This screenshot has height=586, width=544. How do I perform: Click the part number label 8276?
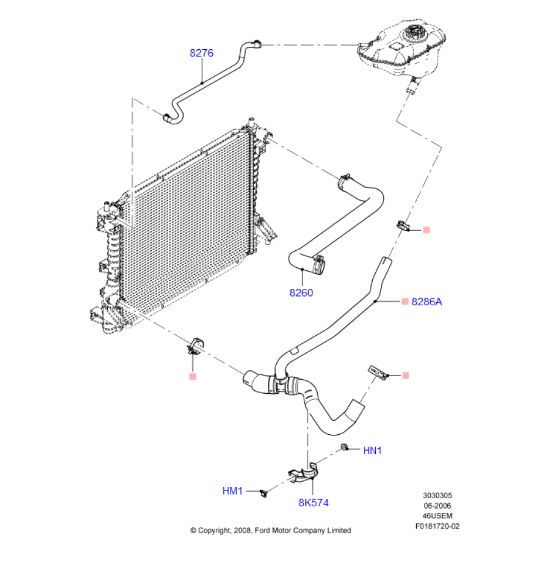201,53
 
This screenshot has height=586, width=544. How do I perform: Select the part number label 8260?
301,292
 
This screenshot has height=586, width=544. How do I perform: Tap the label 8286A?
427,302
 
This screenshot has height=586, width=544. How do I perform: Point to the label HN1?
372,451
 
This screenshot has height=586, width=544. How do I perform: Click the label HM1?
233,491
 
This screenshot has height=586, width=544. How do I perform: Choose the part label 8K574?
313,503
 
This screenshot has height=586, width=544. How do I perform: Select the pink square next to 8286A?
404,301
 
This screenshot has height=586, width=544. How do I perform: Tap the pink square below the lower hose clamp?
192,376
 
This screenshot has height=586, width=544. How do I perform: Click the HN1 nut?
346,448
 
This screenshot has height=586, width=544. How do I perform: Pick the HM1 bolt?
264,492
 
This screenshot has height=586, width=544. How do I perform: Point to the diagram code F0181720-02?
437,526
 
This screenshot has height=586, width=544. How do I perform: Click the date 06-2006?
437,506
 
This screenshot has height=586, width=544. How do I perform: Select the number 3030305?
437,496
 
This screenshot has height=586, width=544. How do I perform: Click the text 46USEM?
437,516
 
